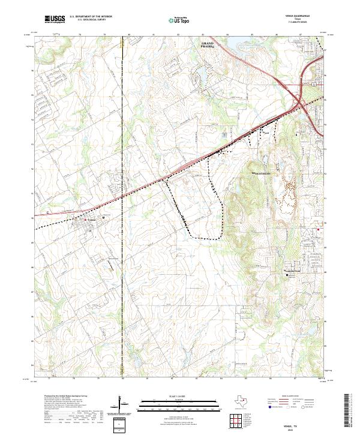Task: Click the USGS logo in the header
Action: coord(55,20)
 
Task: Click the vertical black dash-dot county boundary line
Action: coord(122,240)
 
